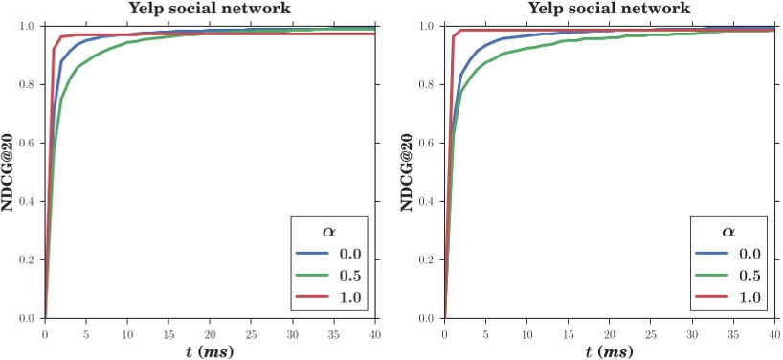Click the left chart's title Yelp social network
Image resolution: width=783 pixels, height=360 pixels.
pyautogui.click(x=210, y=9)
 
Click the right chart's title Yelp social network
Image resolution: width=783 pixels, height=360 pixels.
pyautogui.click(x=609, y=9)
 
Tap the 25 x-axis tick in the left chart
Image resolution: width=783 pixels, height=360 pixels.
pyautogui.click(x=251, y=333)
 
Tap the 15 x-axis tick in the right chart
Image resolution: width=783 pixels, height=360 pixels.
pyautogui.click(x=568, y=333)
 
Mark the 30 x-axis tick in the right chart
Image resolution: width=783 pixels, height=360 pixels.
pyautogui.click(x=691, y=333)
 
